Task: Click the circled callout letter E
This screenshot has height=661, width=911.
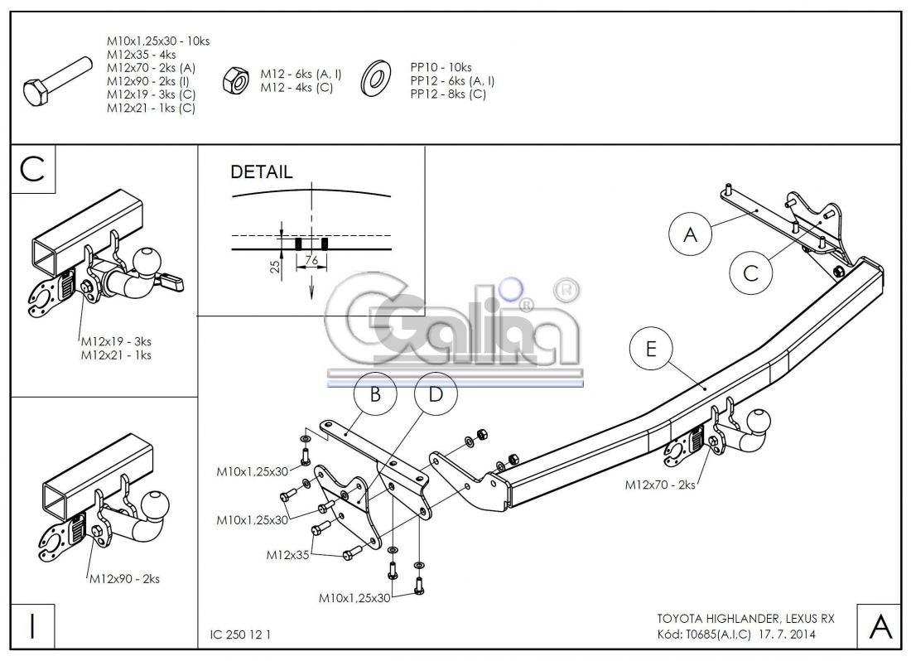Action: [x=651, y=350]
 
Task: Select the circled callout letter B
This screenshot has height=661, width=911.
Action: [x=375, y=395]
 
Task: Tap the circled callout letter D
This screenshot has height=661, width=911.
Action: [x=436, y=395]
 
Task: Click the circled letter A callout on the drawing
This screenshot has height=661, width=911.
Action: [x=690, y=234]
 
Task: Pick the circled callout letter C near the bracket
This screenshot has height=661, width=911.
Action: [x=750, y=273]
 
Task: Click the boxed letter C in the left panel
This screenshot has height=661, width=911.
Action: [x=32, y=169]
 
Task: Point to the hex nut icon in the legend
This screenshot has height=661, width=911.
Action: [x=234, y=80]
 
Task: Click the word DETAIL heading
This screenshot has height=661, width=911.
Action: [x=261, y=173]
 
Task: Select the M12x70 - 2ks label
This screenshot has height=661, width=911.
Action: [x=659, y=485]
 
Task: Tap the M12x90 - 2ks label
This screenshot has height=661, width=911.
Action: [x=124, y=579]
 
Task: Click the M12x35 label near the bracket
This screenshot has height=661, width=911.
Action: [x=287, y=554]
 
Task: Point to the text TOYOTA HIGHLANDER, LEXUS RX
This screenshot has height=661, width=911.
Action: [x=745, y=619]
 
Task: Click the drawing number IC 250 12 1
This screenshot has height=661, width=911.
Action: [x=235, y=634]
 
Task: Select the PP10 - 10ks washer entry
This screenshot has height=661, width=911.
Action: [x=441, y=67]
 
